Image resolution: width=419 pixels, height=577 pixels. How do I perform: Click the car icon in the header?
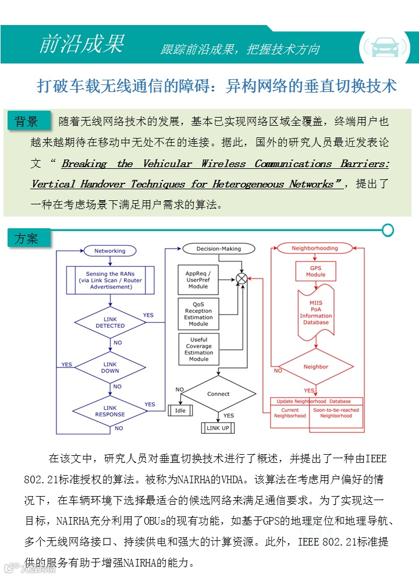pyautogui.click(x=384, y=46)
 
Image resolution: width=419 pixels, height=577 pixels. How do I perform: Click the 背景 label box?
pyautogui.click(x=27, y=121)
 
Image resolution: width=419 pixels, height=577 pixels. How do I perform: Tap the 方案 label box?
pyautogui.click(x=27, y=239)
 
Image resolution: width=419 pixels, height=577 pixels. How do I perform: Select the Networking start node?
pyautogui.click(x=110, y=251)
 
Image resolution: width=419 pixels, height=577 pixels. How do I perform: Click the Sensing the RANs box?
pyautogui.click(x=110, y=280)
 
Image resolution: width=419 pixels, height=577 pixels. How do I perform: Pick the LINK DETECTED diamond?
pyautogui.click(x=110, y=323)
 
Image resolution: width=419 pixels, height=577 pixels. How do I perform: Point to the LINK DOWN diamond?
pyautogui.click(x=110, y=367)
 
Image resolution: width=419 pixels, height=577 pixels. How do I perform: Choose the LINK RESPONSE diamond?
pyautogui.click(x=110, y=411)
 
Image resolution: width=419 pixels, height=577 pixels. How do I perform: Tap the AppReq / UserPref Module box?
pyautogui.click(x=198, y=279)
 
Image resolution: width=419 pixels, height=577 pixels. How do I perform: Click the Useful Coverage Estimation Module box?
pyautogui.click(x=198, y=349)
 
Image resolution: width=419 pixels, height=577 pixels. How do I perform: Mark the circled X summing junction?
pyautogui.click(x=242, y=279)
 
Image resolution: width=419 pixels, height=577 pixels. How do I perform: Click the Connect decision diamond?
pyautogui.click(x=218, y=394)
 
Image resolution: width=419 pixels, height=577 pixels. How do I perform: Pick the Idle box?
pyautogui.click(x=180, y=410)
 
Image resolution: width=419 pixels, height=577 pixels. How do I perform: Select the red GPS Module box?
pyautogui.click(x=315, y=271)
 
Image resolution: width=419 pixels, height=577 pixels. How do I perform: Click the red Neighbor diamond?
pyautogui.click(x=316, y=367)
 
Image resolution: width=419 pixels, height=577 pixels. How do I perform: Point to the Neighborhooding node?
pyautogui.click(x=315, y=248)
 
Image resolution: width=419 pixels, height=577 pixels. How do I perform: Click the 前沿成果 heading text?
pyautogui.click(x=81, y=44)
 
